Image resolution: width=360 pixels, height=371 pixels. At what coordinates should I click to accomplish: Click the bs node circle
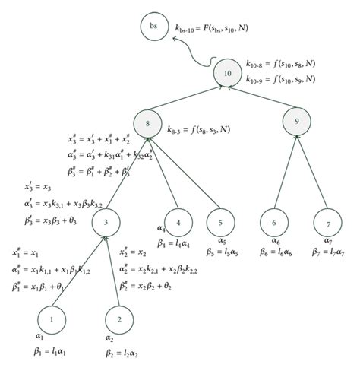click(x=153, y=27)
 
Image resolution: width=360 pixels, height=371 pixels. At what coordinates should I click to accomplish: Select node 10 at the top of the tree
click(x=229, y=72)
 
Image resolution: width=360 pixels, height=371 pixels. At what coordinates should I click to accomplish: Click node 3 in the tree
click(x=107, y=223)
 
